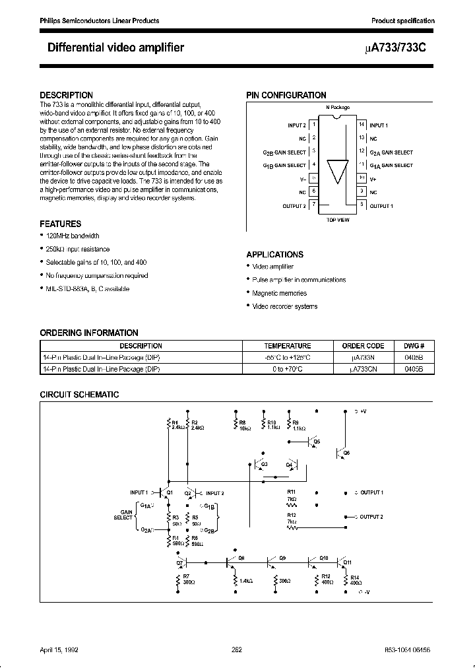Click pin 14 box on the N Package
[361, 125]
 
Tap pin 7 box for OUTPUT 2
[314, 205]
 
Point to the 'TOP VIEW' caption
[337, 220]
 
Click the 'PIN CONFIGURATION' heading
[286, 96]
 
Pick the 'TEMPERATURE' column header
[288, 346]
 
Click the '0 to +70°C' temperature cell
[288, 370]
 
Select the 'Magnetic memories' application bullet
[279, 293]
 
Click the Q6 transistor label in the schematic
[347, 452]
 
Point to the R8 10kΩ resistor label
[242, 424]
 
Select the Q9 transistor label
[282, 558]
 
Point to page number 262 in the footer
[237, 650]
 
